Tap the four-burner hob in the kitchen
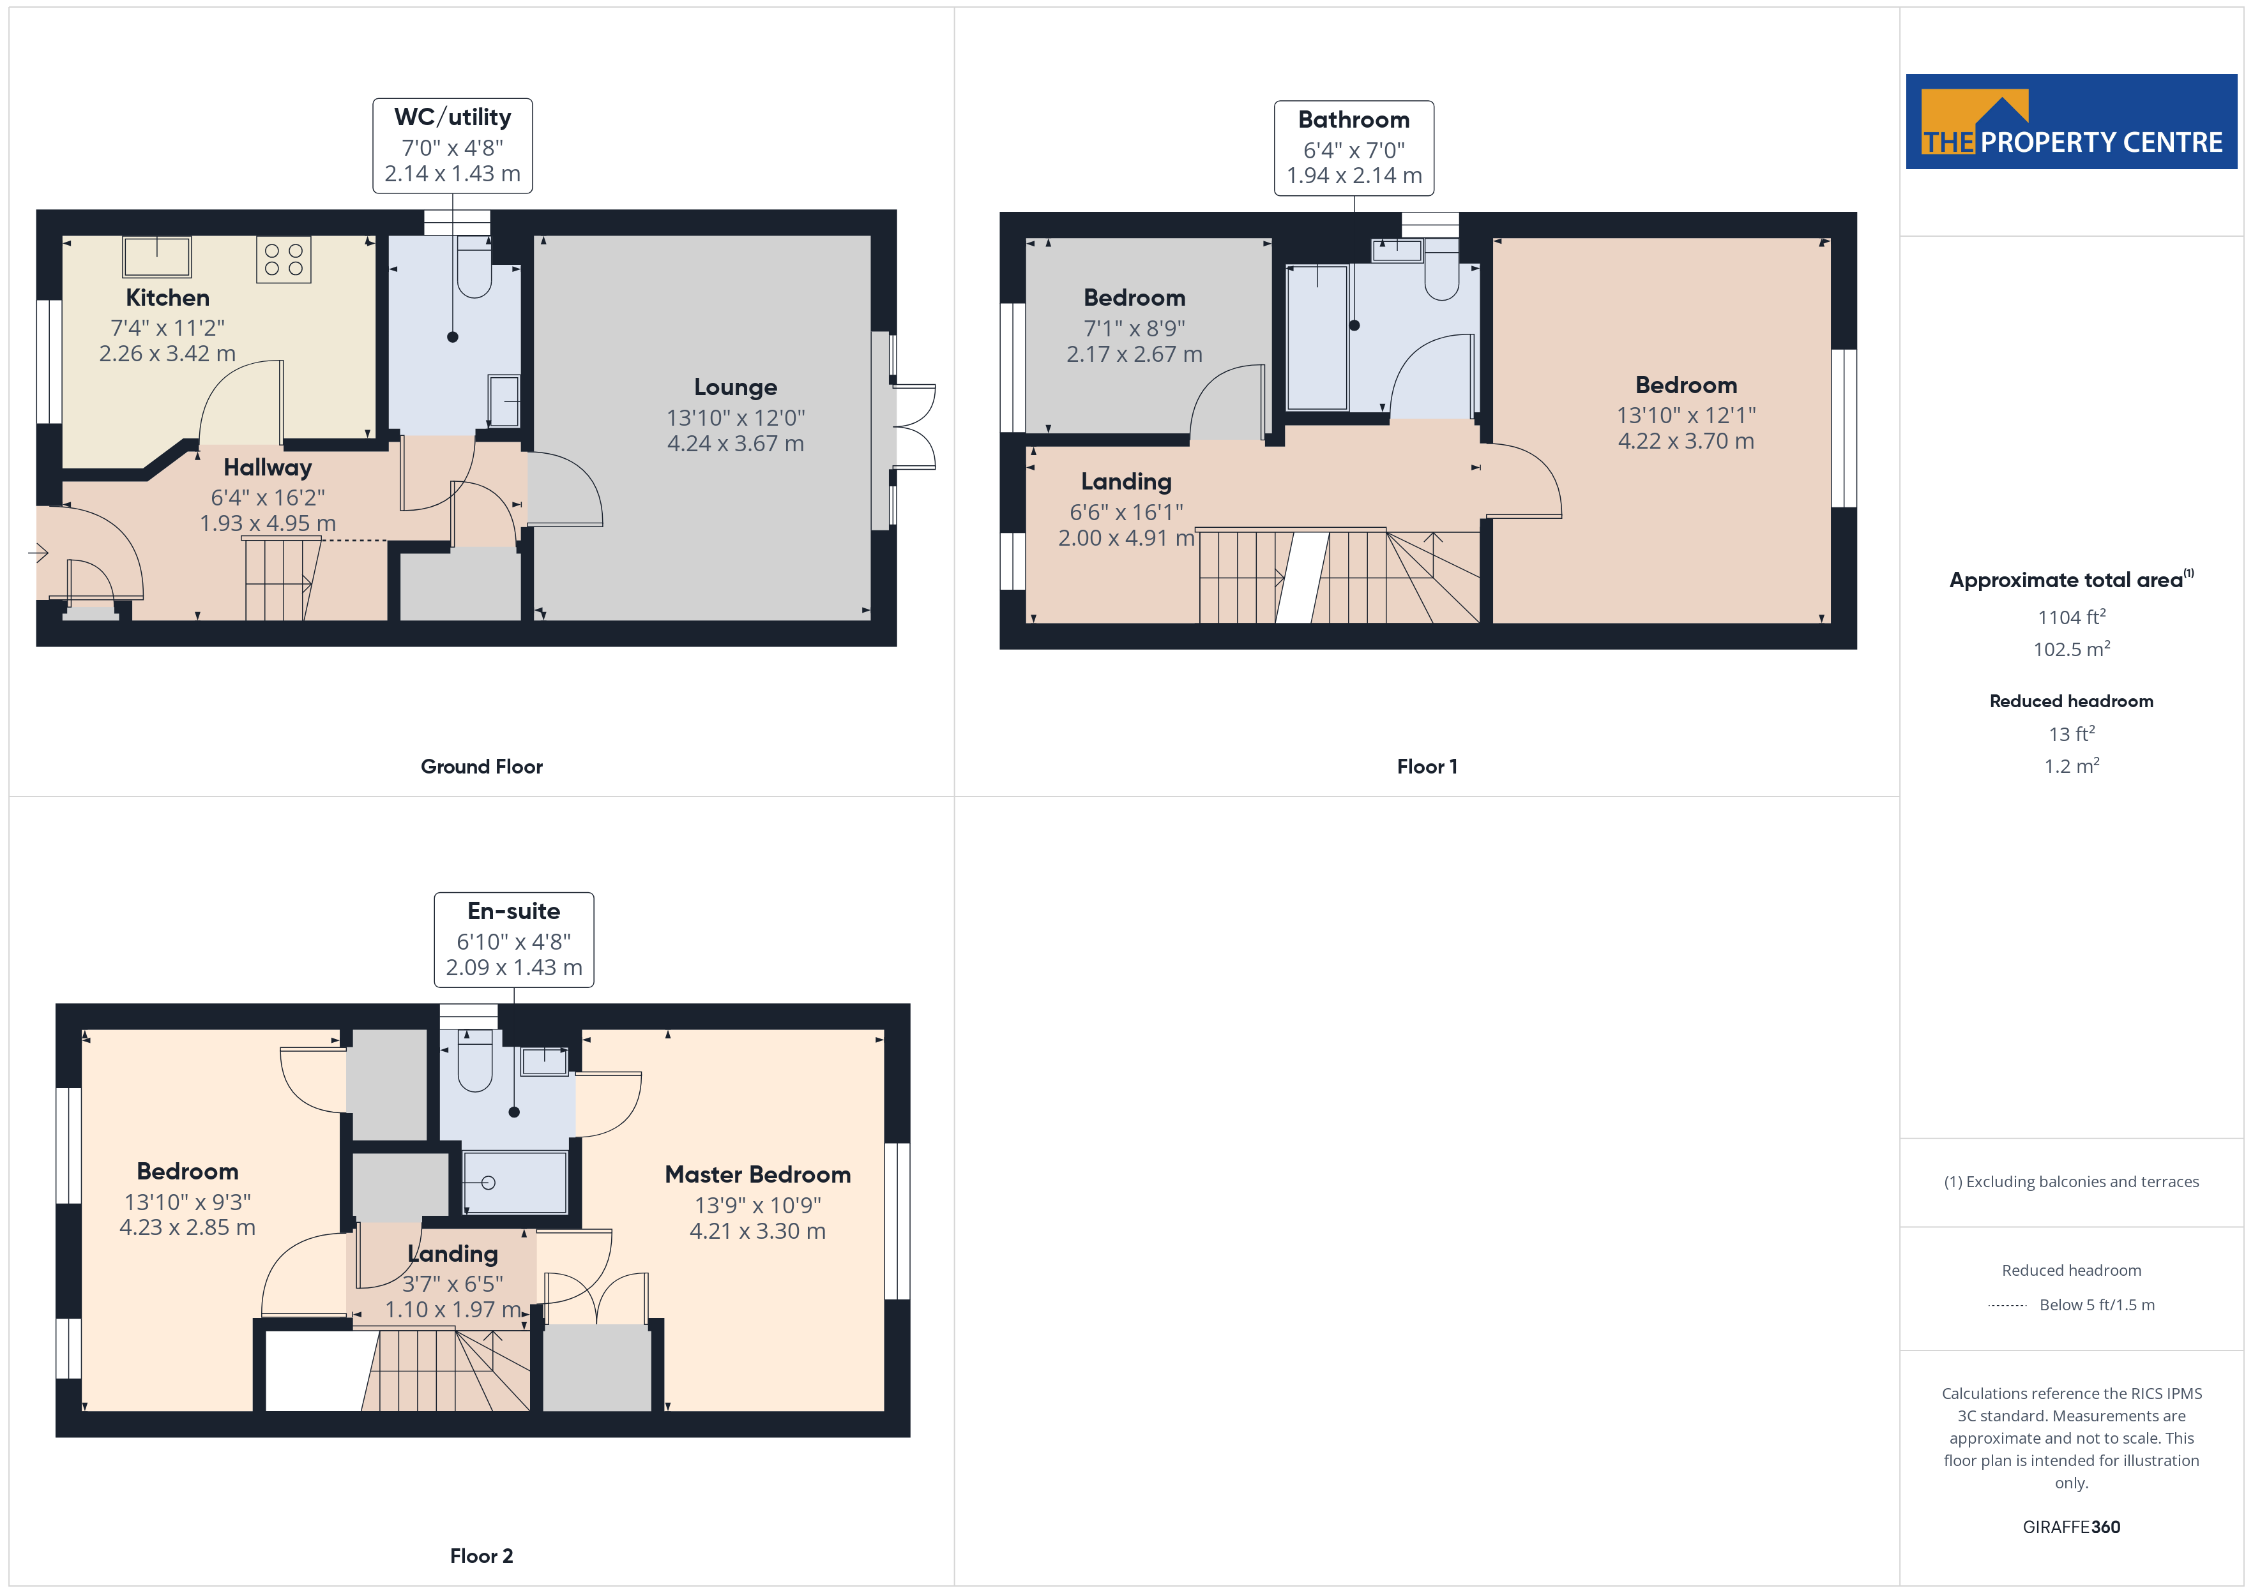click(x=284, y=259)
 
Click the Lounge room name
click(x=735, y=387)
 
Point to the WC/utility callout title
click(x=452, y=117)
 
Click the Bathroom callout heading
click(x=1353, y=120)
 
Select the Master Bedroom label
click(x=757, y=1174)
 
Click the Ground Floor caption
click(x=481, y=766)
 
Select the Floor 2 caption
click(x=481, y=1556)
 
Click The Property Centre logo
click(x=2072, y=122)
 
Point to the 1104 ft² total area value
click(x=2072, y=617)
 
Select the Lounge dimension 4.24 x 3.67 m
click(x=735, y=444)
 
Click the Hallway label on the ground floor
click(x=267, y=468)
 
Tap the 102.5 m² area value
click(x=2072, y=649)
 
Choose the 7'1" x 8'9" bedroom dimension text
click(x=1134, y=329)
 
